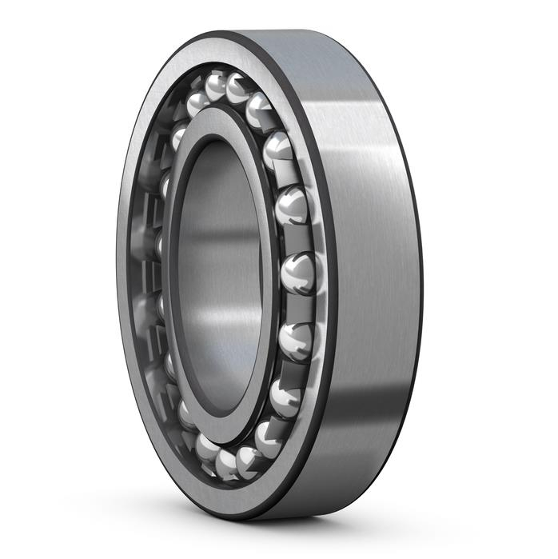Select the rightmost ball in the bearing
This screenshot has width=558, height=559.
click(x=297, y=272)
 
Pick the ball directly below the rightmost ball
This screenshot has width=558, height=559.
click(x=295, y=340)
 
